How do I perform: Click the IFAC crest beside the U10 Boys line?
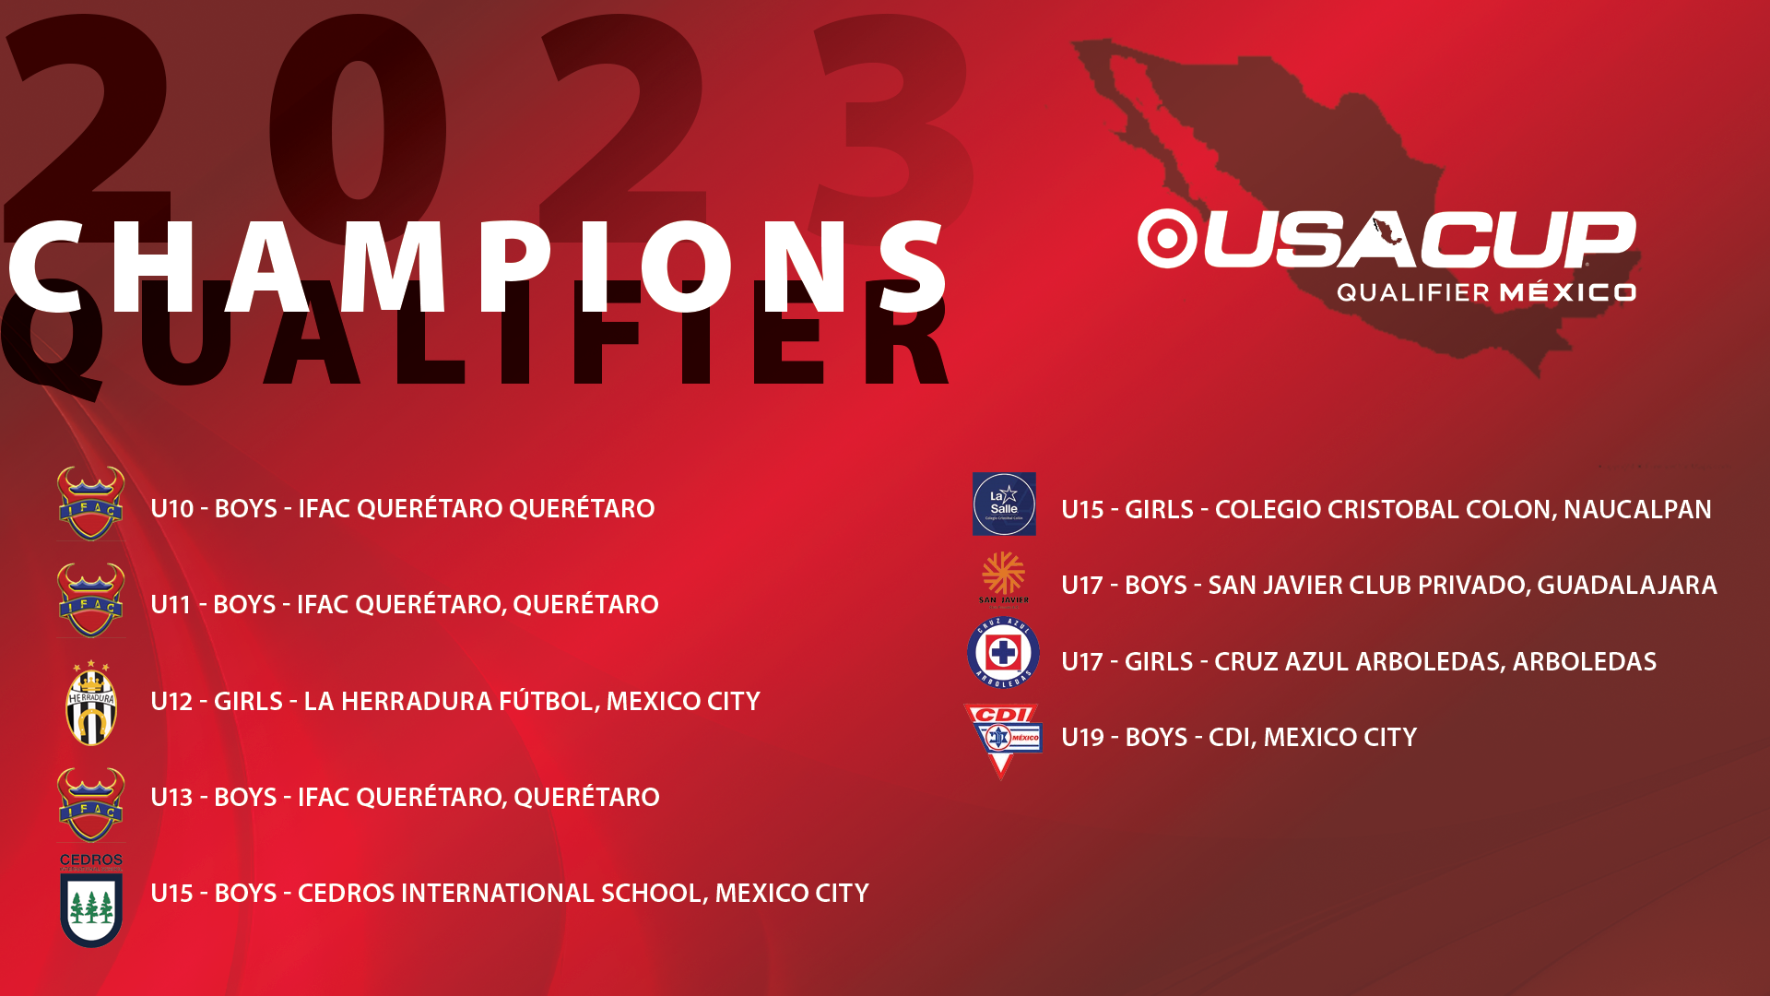click(90, 503)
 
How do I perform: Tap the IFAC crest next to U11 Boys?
click(90, 599)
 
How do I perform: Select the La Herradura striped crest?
click(91, 703)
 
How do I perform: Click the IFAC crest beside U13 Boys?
click(90, 804)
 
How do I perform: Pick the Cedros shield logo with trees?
click(91, 900)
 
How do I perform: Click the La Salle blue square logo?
click(1004, 504)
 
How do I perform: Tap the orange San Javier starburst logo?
click(1003, 577)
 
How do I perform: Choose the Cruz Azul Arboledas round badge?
click(1003, 653)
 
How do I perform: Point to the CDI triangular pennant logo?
click(1003, 741)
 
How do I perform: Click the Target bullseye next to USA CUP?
click(1167, 239)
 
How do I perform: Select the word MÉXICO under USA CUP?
click(1567, 292)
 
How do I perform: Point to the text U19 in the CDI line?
click(1082, 737)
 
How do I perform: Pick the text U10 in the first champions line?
click(172, 508)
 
